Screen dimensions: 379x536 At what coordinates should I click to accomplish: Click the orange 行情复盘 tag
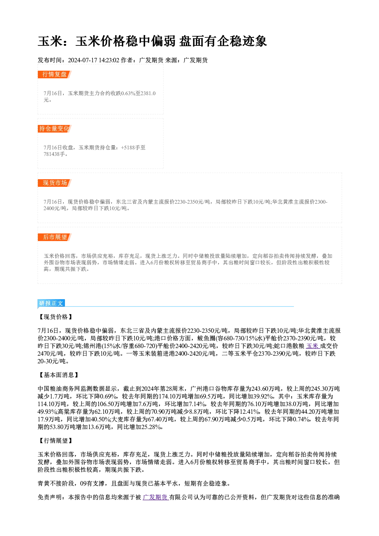pyautogui.click(x=54, y=74)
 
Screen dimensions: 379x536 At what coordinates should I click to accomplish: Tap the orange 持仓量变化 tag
pyautogui.click(x=54, y=129)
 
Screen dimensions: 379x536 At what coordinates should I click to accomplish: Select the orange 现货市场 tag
pyautogui.click(x=54, y=183)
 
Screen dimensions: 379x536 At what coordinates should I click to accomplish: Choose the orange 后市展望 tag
pyautogui.click(x=54, y=237)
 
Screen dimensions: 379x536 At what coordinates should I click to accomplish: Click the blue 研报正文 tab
pyautogui.click(x=51, y=303)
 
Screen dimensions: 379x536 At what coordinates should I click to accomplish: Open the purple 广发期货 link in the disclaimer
pyautogui.click(x=156, y=497)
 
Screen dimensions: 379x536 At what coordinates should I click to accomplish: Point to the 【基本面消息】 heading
pyautogui.click(x=58, y=375)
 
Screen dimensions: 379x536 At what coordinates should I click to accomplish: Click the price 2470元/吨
pyautogui.click(x=50, y=354)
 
